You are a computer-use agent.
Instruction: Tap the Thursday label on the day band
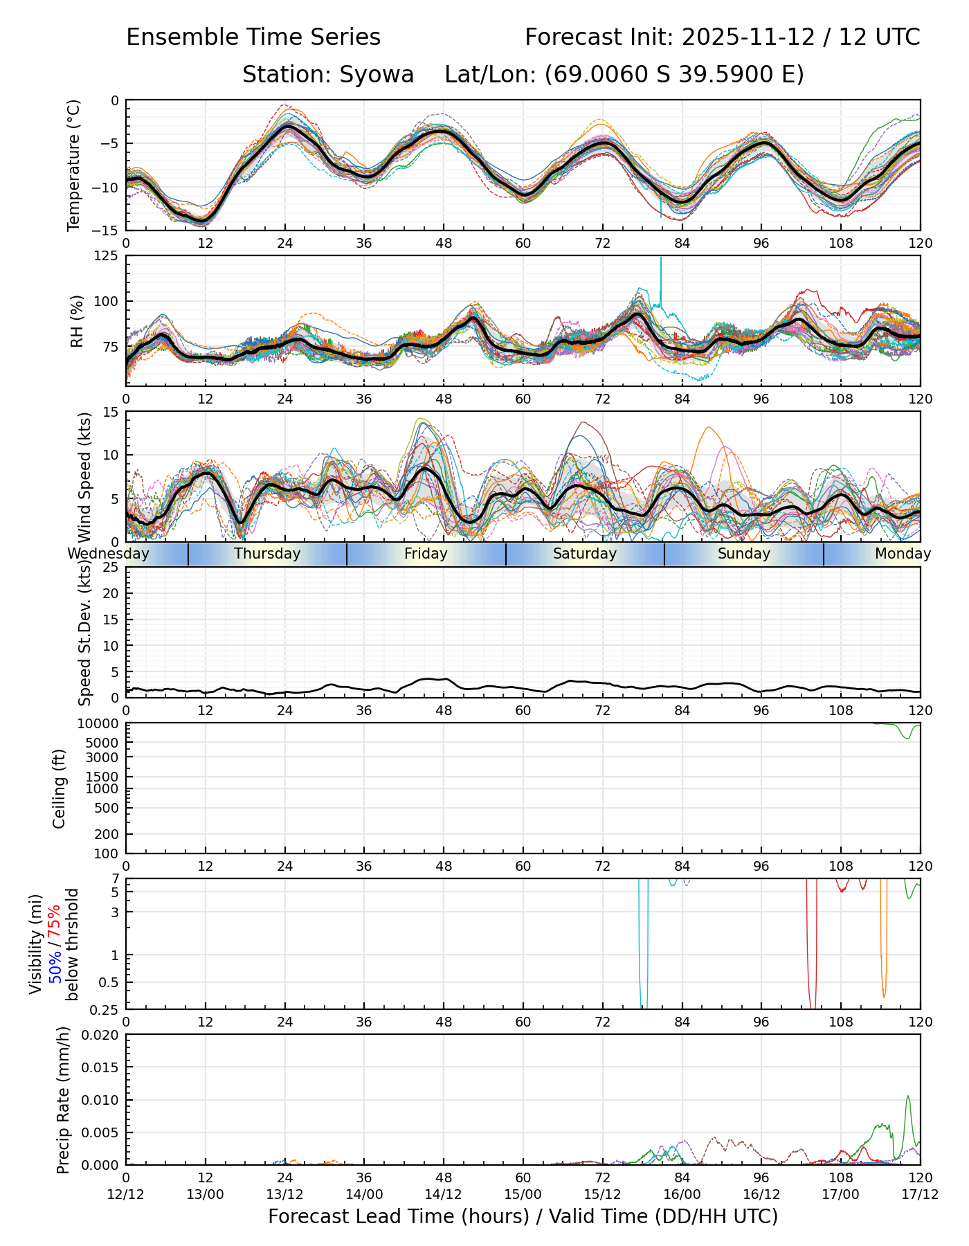click(x=267, y=554)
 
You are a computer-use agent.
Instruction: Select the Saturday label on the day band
click(x=585, y=554)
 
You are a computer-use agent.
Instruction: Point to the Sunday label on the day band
click(x=744, y=554)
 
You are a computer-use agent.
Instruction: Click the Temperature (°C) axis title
click(x=74, y=165)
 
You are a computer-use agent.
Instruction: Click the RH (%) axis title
click(x=77, y=320)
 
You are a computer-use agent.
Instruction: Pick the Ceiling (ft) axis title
click(x=60, y=788)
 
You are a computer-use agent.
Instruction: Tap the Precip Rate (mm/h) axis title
click(x=64, y=1100)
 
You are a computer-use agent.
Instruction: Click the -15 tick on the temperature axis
click(x=111, y=231)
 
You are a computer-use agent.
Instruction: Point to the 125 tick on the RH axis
click(x=108, y=257)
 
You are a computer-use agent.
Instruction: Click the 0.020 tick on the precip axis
click(x=101, y=1035)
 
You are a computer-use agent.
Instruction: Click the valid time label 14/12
click(x=444, y=1194)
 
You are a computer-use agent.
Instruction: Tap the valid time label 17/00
click(x=841, y=1194)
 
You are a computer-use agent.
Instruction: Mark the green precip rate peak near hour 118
click(x=908, y=1096)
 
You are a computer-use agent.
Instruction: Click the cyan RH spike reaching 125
click(x=661, y=260)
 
